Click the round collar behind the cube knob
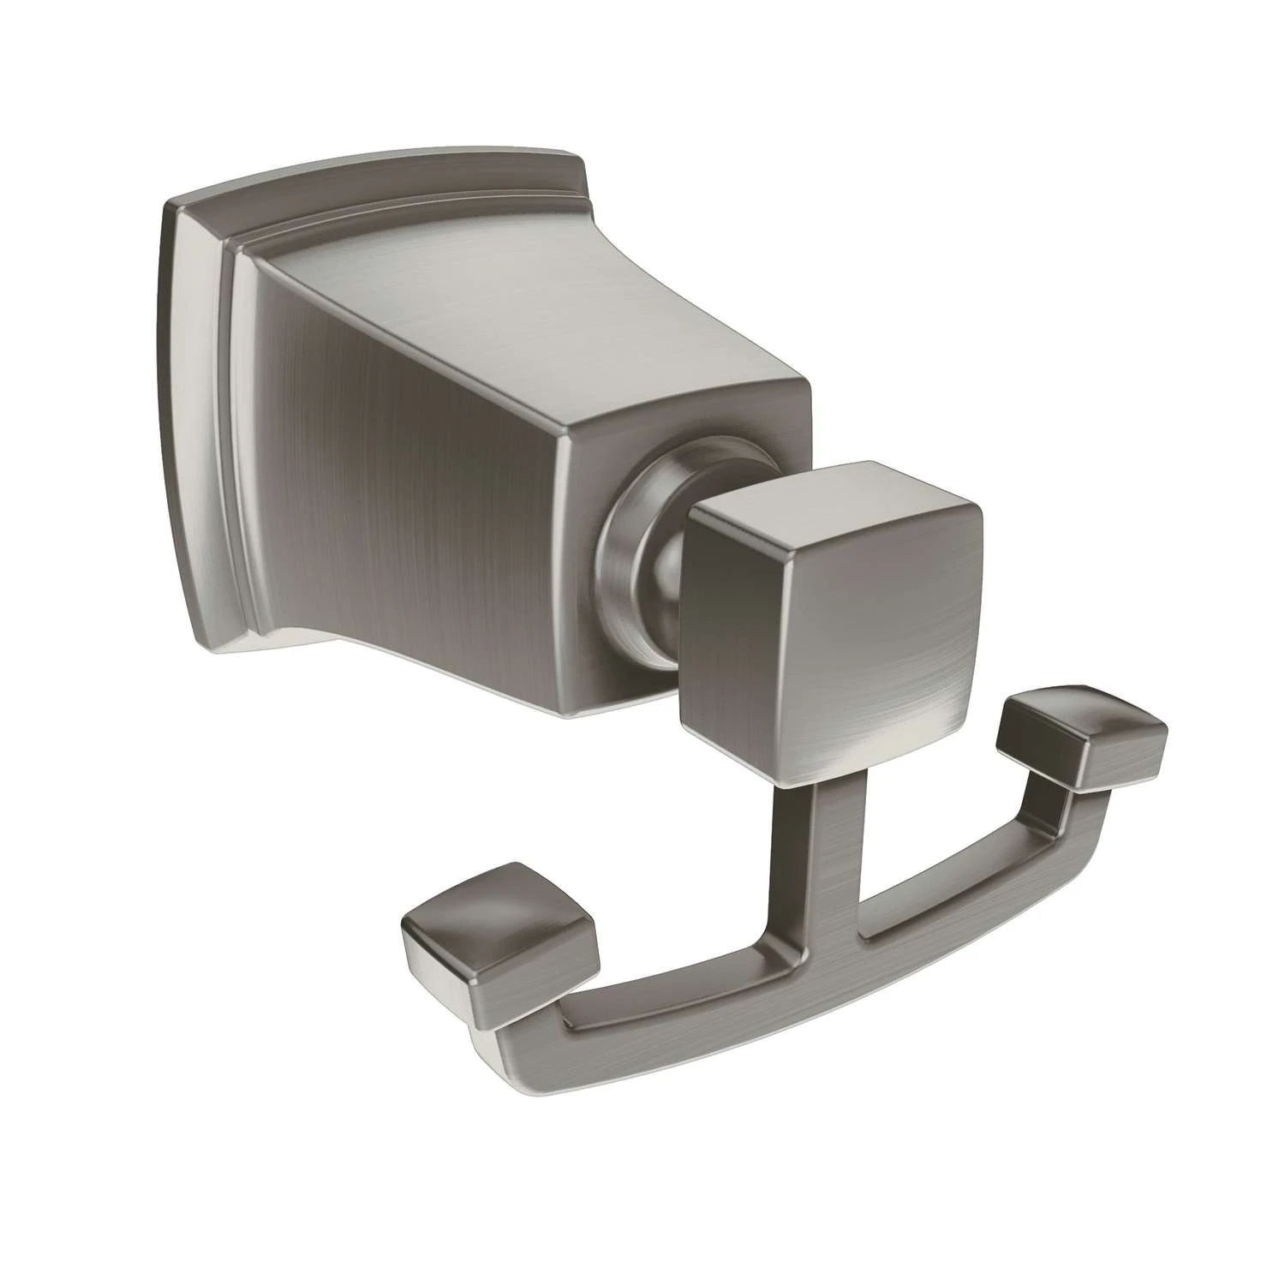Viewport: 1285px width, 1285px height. [x=638, y=548]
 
